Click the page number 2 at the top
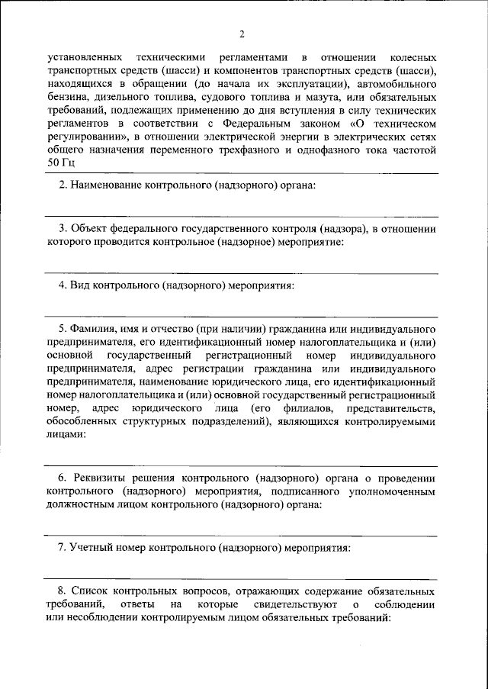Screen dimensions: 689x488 click(x=243, y=34)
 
